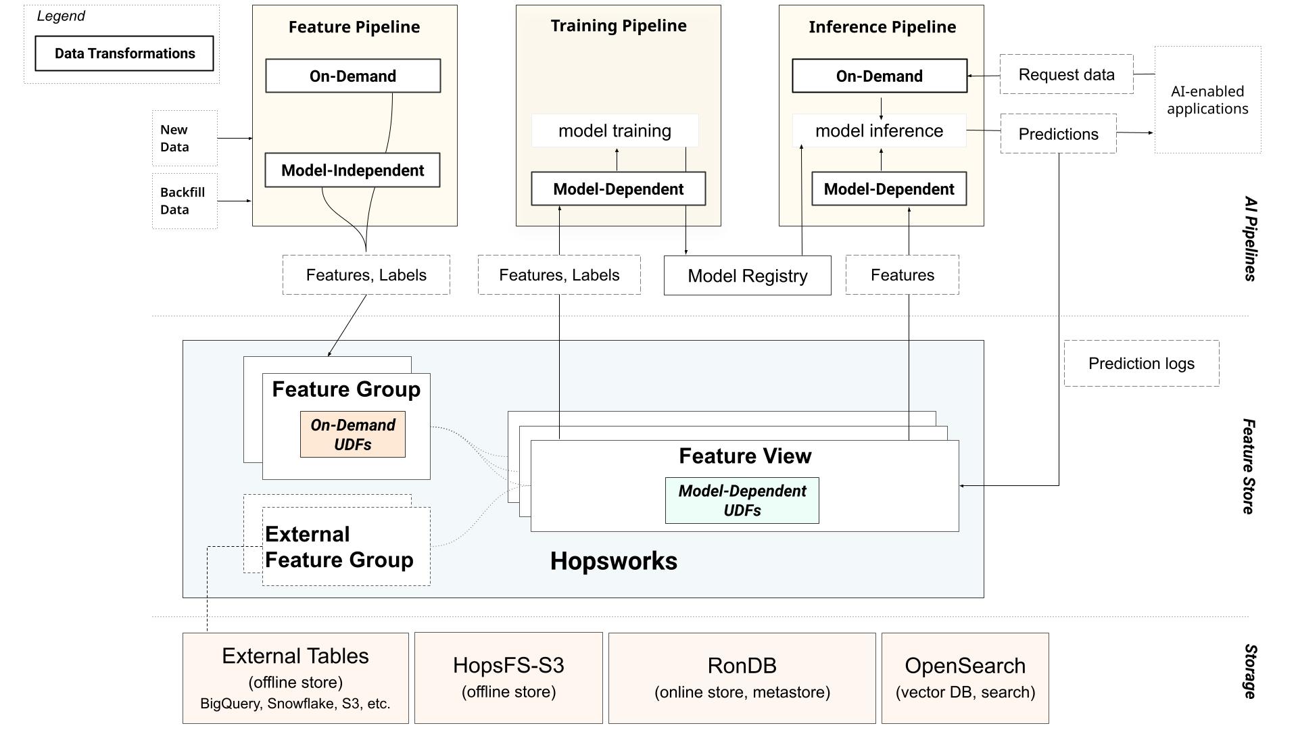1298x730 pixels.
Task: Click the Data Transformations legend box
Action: (x=124, y=53)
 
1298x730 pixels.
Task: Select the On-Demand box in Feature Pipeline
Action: (x=353, y=76)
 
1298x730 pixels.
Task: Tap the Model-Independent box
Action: (x=352, y=170)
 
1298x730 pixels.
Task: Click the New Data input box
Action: (x=185, y=138)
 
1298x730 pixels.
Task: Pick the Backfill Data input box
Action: (x=185, y=201)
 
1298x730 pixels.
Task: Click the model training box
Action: (x=615, y=130)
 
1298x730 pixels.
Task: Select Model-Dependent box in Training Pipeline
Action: (x=618, y=189)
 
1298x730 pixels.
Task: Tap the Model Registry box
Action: (x=747, y=276)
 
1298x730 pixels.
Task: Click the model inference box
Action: (x=879, y=130)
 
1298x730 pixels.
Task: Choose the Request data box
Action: (x=1066, y=74)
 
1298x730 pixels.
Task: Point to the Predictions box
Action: (x=1058, y=134)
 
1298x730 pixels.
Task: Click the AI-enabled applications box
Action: (x=1207, y=100)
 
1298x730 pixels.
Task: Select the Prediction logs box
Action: (x=1141, y=364)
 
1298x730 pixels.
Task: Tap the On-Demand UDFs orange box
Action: (x=352, y=435)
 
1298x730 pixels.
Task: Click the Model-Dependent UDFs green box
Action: (x=742, y=501)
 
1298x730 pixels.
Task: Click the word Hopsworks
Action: (x=613, y=561)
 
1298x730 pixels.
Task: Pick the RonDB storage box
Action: (x=742, y=678)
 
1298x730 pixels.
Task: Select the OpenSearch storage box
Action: (x=965, y=678)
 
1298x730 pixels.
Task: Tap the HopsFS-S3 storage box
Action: (x=508, y=678)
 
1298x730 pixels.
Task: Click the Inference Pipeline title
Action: (x=882, y=27)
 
